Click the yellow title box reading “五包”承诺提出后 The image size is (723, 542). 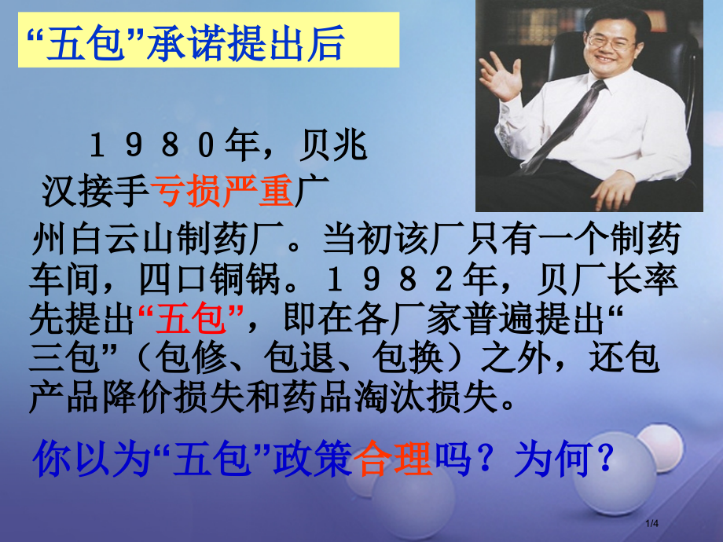pyautogui.click(x=208, y=45)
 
